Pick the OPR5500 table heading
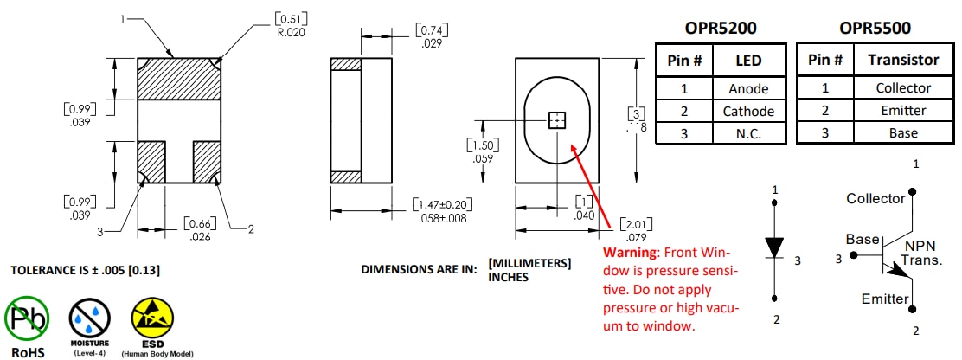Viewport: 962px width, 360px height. click(873, 28)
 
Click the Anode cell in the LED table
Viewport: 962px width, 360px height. click(748, 88)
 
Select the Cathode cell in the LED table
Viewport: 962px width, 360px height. click(748, 111)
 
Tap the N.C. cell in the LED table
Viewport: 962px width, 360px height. click(748, 132)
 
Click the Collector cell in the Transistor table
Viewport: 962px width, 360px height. click(902, 88)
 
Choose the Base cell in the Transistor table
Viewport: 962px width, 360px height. click(902, 132)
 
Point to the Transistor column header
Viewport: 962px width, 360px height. click(902, 60)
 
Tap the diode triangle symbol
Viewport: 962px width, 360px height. click(775, 248)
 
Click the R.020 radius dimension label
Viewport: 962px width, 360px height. click(291, 32)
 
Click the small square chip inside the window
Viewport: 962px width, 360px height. click(557, 120)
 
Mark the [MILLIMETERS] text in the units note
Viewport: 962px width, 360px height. click(529, 263)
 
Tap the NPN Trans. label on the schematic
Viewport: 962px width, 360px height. click(923, 253)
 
